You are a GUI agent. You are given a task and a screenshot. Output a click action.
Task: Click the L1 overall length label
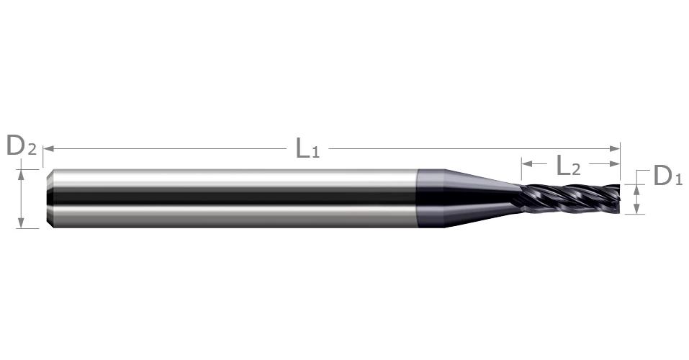coord(307,148)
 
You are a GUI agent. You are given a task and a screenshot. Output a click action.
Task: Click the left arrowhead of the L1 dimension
coord(48,148)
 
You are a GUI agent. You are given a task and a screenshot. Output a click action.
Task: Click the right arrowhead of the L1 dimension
coord(615,148)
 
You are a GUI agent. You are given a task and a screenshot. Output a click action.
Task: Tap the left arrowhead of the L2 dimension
coord(527,164)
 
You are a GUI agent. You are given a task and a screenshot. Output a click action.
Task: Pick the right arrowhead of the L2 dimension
coord(615,164)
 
